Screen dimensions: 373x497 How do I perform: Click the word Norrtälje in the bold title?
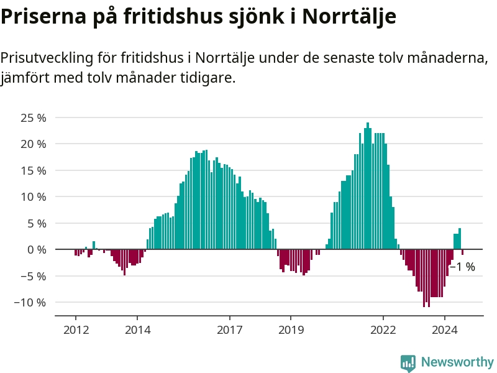350,17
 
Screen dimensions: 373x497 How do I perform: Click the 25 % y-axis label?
34,117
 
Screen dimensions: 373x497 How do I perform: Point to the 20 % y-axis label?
34,144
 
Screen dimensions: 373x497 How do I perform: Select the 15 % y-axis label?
34,170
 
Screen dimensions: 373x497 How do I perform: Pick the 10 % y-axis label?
34,197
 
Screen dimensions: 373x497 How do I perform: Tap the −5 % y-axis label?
34,276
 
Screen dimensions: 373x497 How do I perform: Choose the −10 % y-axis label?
30,303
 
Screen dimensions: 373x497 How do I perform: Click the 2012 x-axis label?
76,329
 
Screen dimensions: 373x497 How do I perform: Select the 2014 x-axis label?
137,329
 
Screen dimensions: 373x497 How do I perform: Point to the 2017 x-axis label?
230,329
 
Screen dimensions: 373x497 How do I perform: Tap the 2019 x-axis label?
291,329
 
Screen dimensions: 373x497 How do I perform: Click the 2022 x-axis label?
383,329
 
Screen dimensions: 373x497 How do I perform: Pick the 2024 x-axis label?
445,329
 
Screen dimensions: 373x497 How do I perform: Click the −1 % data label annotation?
462,267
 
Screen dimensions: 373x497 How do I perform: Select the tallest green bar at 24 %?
368,186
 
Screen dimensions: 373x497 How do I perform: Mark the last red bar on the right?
462,252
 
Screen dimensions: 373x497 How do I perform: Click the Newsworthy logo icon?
408,363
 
